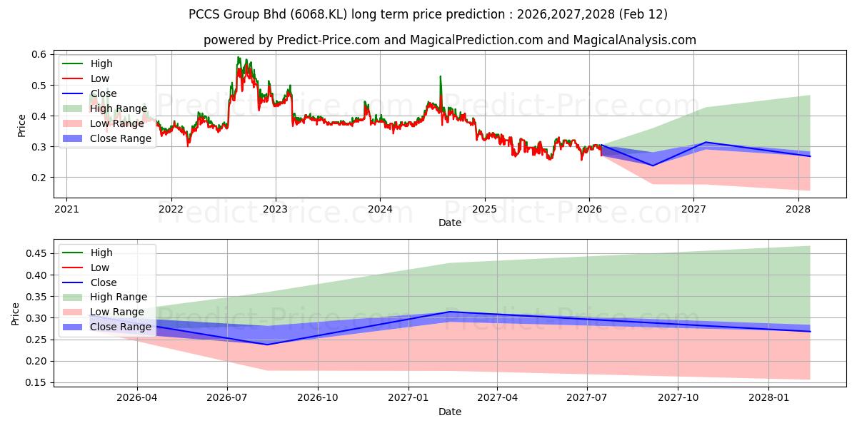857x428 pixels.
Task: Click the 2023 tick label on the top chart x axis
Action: click(x=275, y=209)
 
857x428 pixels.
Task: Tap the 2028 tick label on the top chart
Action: click(x=798, y=209)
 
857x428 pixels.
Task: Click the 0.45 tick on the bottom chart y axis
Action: click(x=36, y=254)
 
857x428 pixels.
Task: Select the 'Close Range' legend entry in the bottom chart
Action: click(x=120, y=327)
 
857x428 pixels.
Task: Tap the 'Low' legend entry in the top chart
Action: click(x=100, y=78)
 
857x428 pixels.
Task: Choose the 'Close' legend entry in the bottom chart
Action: click(x=104, y=282)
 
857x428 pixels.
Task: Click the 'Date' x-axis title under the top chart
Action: click(x=450, y=223)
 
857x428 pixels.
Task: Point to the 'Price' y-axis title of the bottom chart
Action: click(x=16, y=313)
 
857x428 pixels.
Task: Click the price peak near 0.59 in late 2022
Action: click(x=238, y=58)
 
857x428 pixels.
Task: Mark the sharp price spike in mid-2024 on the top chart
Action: click(x=440, y=76)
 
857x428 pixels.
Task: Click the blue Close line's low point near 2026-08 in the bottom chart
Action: click(x=268, y=345)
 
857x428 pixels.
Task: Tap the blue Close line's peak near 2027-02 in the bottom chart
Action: click(x=448, y=312)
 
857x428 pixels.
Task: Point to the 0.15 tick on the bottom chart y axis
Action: click(x=36, y=383)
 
